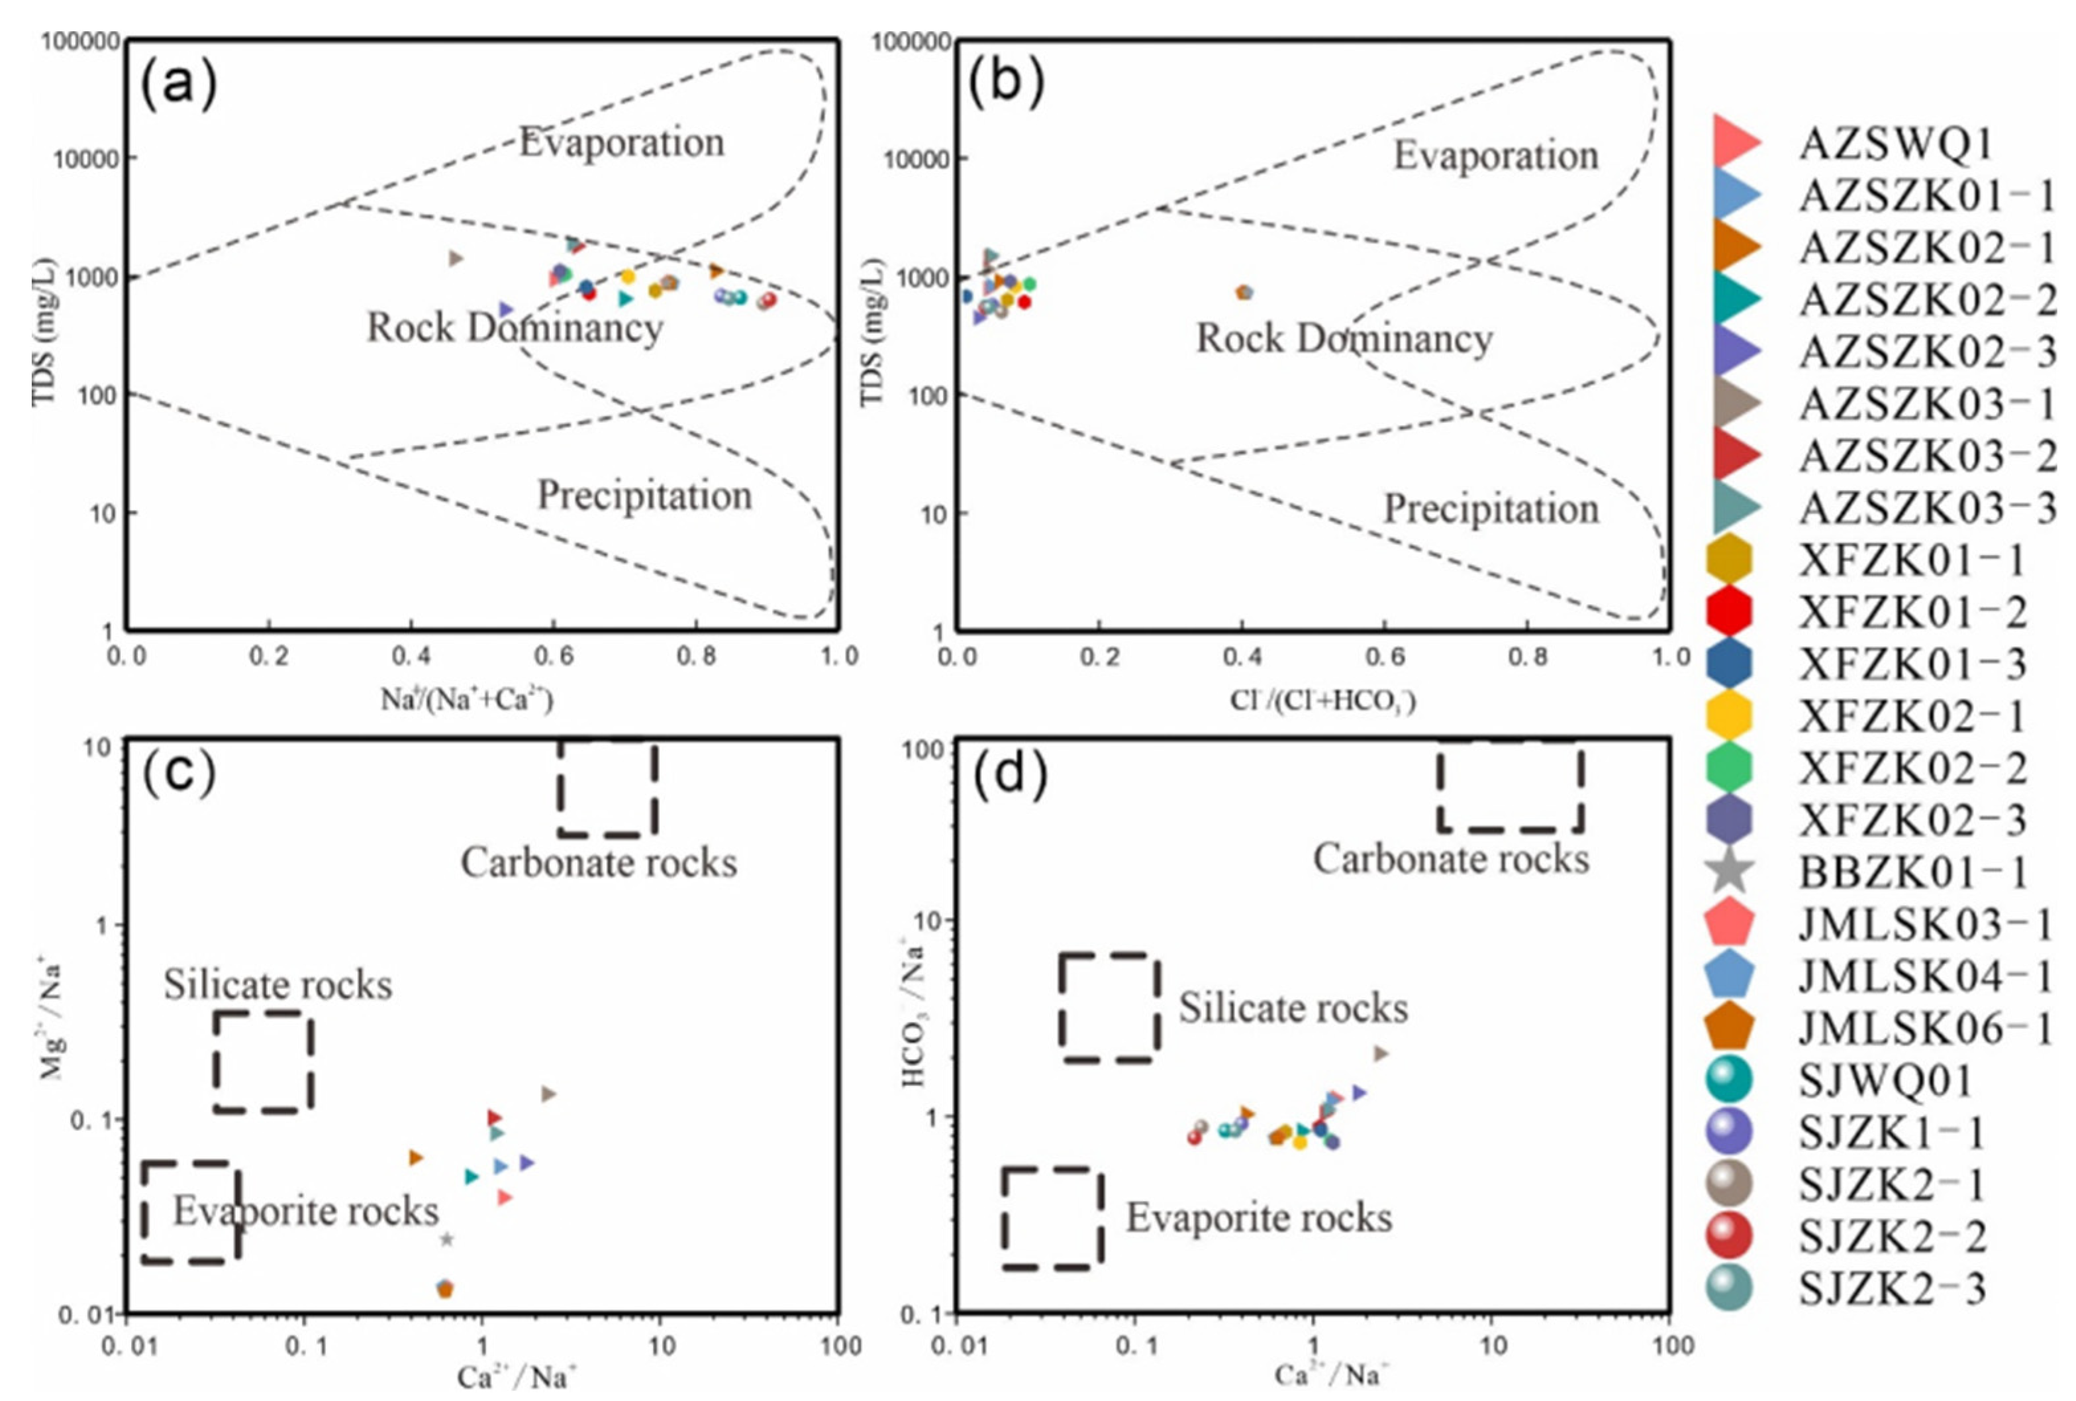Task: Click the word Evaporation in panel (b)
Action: click(1495, 156)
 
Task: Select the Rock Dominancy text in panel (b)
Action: click(1344, 338)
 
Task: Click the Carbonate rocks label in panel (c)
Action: click(599, 863)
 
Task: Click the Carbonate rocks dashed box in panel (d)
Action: click(1510, 786)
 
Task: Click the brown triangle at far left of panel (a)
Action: click(456, 259)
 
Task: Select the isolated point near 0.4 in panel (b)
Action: click(1244, 292)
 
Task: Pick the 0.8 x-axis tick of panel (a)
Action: click(696, 656)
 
